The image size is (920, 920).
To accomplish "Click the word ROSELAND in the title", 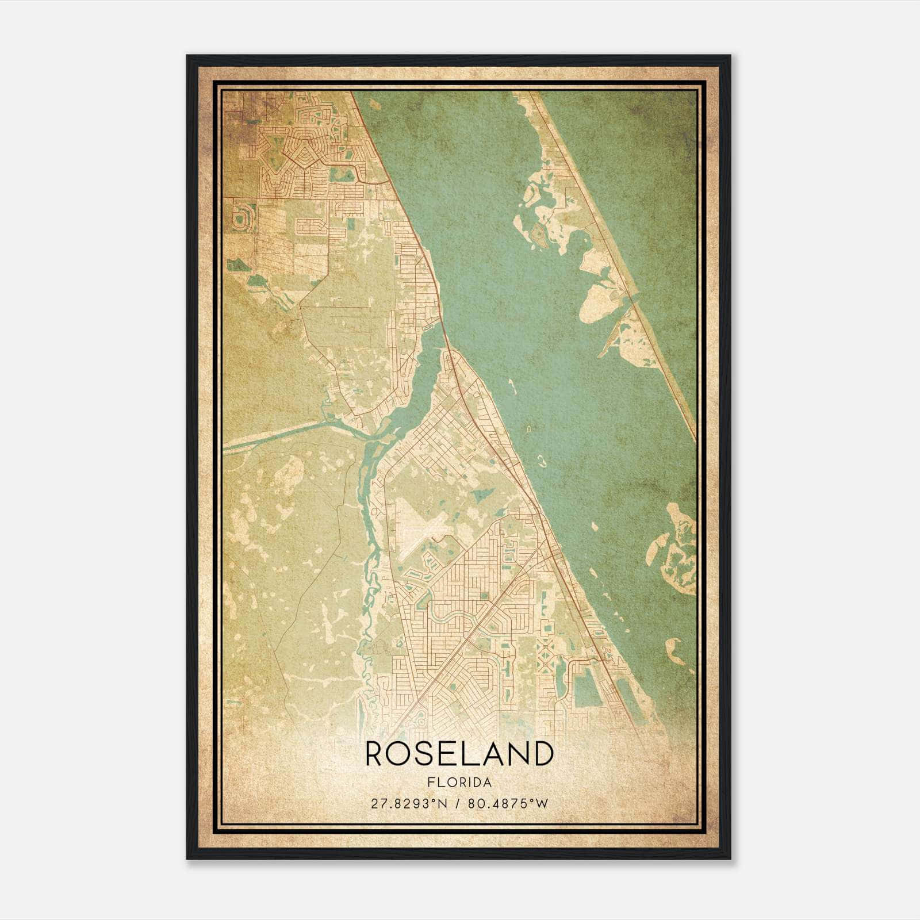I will (x=459, y=753).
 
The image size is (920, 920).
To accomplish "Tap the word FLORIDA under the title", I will (x=459, y=783).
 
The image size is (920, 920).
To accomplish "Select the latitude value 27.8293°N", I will (x=408, y=804).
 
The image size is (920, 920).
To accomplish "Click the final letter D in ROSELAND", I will (x=542, y=753).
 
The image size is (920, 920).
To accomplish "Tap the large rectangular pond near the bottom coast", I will (x=586, y=690).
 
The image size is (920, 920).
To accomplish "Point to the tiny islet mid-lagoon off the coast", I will (x=541, y=459).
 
